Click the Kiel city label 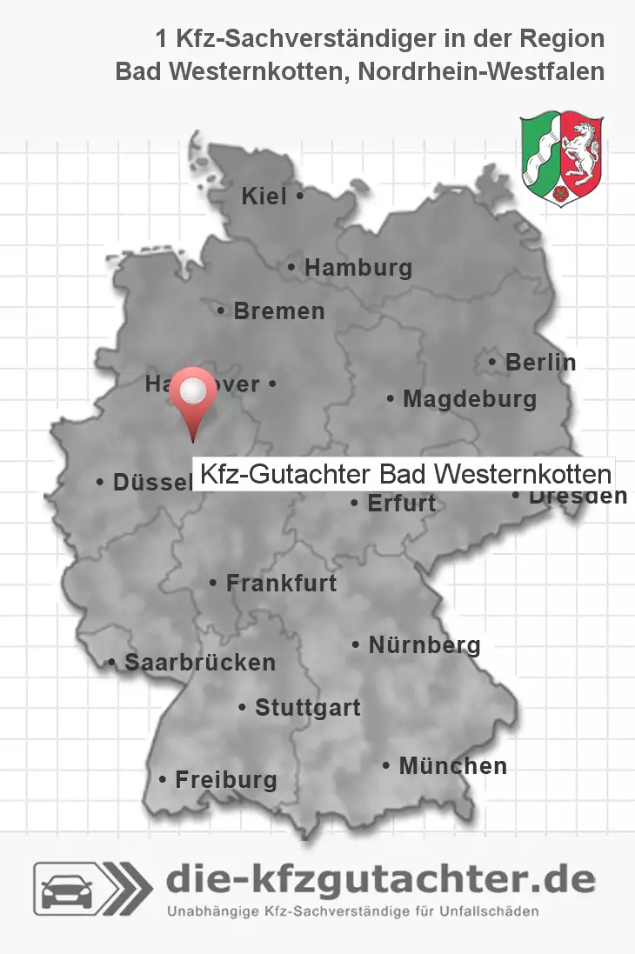tap(264, 197)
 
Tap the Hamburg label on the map tap(358, 269)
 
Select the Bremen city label tap(278, 311)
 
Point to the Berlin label tap(540, 363)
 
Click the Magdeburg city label tap(470, 400)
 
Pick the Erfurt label tap(401, 504)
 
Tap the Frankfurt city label tap(281, 584)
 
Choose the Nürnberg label tap(424, 645)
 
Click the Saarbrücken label tap(200, 663)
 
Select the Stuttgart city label tap(307, 709)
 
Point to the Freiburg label tap(226, 780)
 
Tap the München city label tap(452, 766)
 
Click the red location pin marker tap(192, 396)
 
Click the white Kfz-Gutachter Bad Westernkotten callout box tap(404, 475)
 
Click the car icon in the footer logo tap(68, 889)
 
